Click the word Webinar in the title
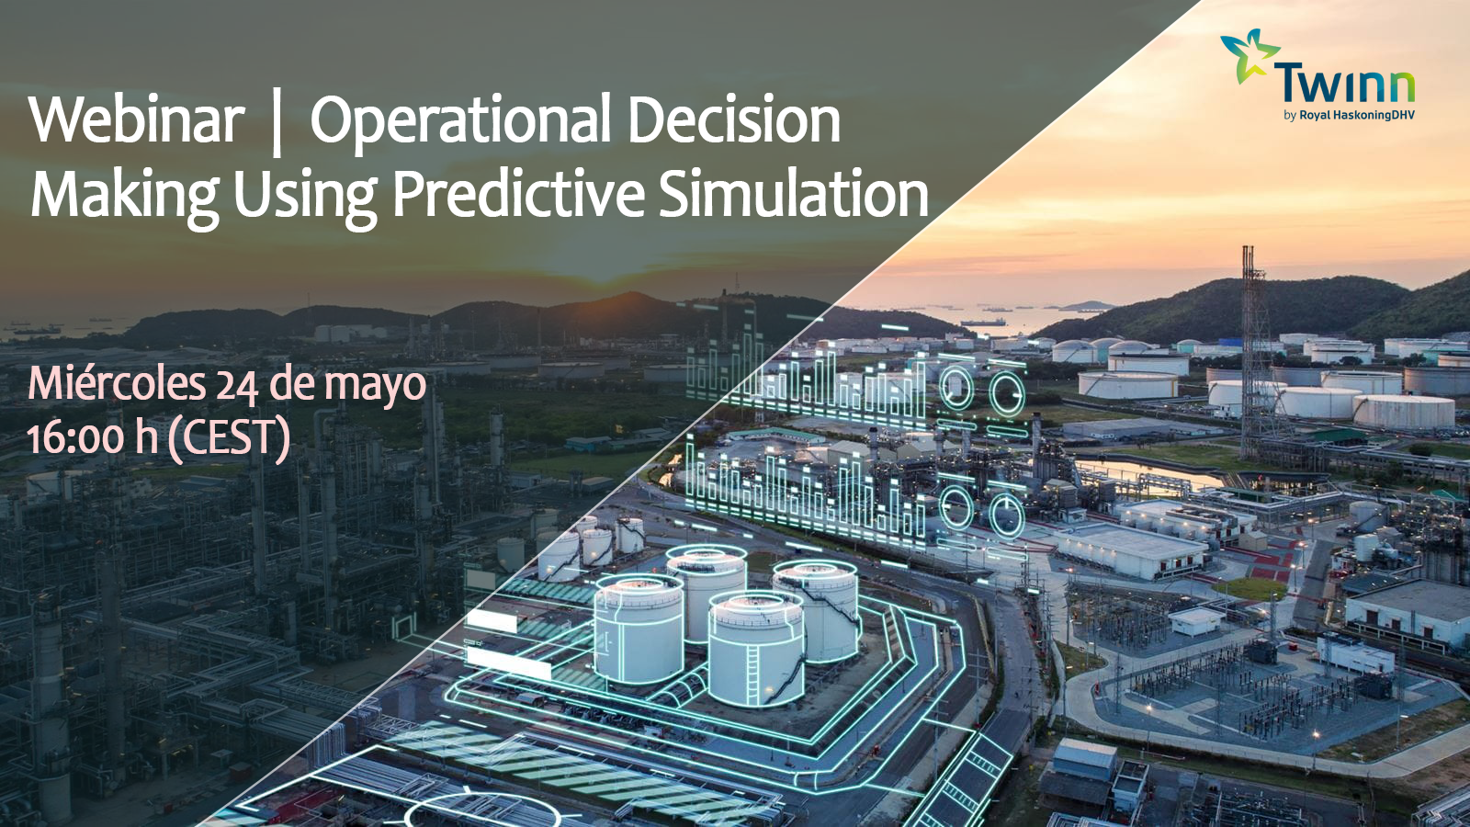pos(137,120)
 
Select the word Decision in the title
pos(735,119)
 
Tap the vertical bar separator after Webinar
pos(277,125)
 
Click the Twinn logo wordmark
pos(1344,85)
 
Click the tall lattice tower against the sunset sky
pos(1253,355)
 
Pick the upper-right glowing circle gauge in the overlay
pos(1007,394)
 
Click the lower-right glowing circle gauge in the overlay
pos(1007,515)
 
